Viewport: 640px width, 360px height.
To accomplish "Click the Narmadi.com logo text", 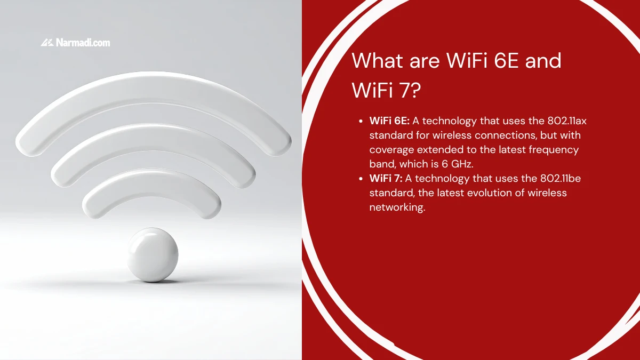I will tap(83, 43).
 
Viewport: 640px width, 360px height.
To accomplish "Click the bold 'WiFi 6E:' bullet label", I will tap(389, 121).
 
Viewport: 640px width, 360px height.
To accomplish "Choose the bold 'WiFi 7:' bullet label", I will tap(386, 179).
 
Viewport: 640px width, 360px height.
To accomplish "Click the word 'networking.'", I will tap(397, 207).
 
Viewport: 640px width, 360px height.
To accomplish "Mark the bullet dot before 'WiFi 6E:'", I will tap(361, 122).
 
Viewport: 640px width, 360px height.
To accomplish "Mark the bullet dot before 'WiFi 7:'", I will tap(361, 179).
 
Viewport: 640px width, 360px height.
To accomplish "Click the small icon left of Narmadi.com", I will tap(46, 43).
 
